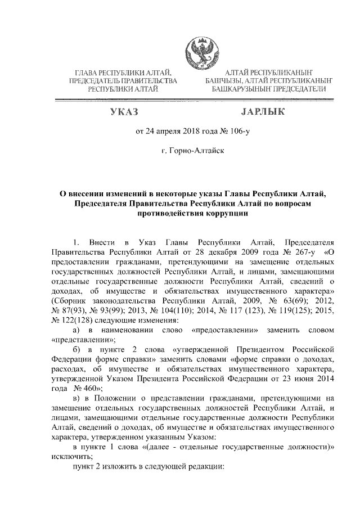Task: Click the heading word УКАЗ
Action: pyautogui.click(x=124, y=112)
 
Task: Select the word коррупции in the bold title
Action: pyautogui.click(x=210, y=214)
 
